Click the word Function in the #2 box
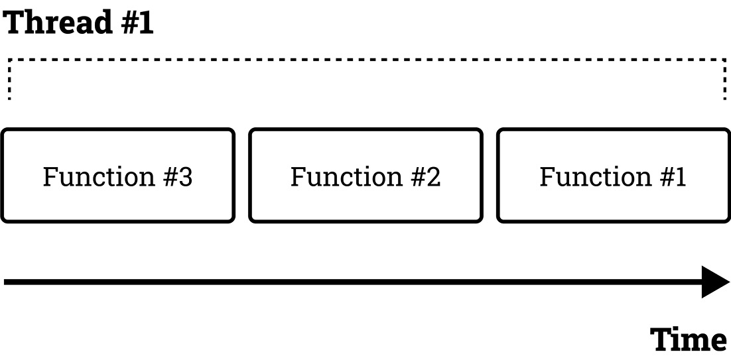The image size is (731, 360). click(x=344, y=177)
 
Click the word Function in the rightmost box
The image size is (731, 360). click(x=594, y=177)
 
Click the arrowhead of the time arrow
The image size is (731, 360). click(x=715, y=282)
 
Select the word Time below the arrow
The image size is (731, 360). click(x=689, y=339)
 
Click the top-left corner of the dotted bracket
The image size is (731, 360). click(x=9, y=60)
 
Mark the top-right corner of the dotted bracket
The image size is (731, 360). click(x=724, y=60)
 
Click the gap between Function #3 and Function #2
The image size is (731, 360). click(x=242, y=175)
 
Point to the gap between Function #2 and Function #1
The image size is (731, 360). click(x=490, y=175)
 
